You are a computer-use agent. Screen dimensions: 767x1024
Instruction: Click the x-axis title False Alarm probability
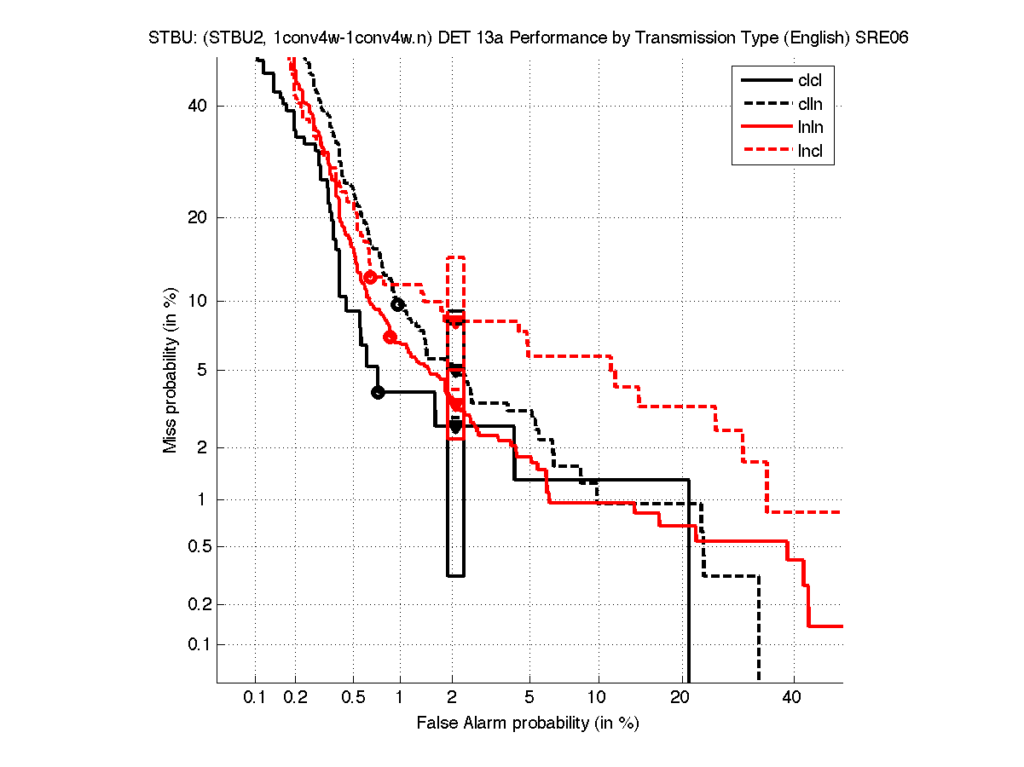(x=528, y=724)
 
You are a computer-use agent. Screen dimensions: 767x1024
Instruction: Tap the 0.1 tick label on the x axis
(x=255, y=698)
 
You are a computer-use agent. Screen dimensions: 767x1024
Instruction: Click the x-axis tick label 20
(x=680, y=698)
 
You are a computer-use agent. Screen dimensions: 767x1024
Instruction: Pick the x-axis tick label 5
(x=529, y=698)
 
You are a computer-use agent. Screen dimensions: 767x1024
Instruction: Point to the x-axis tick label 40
(x=793, y=698)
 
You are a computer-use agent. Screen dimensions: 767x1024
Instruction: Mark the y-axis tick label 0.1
(x=196, y=644)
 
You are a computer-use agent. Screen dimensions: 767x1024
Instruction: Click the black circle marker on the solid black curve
(x=378, y=392)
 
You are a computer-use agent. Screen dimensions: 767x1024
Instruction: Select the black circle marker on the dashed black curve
(x=397, y=304)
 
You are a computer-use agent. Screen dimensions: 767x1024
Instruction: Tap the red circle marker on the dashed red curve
(x=370, y=277)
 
